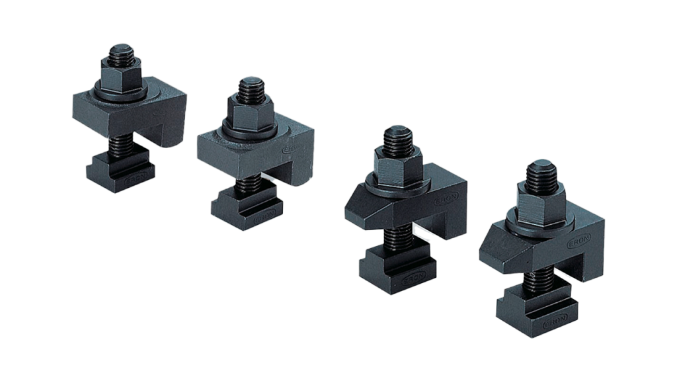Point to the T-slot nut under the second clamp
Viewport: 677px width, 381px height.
[x=248, y=206]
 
